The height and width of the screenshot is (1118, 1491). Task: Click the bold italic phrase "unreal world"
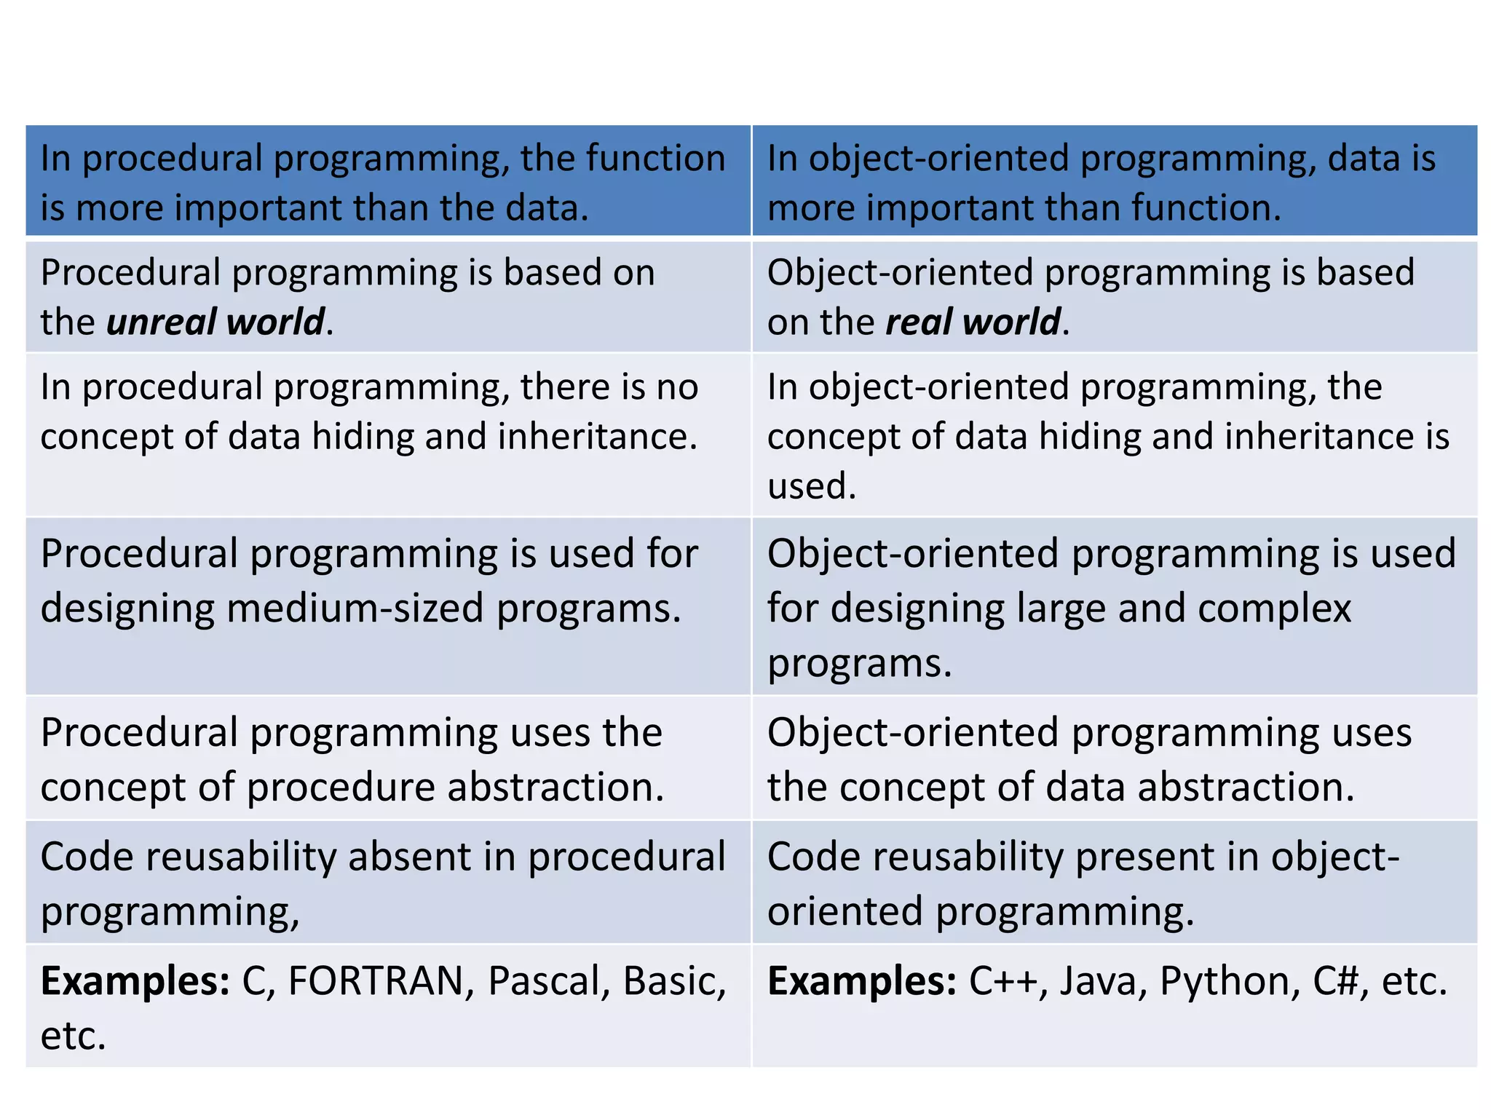point(215,322)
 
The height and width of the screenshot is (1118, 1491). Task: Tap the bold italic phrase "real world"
point(973,322)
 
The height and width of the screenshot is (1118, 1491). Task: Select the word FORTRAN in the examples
point(376,981)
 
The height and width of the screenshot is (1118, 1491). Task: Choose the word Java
point(1098,981)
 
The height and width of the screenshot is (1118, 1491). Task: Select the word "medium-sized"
point(355,608)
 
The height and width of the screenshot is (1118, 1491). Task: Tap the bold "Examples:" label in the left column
point(135,981)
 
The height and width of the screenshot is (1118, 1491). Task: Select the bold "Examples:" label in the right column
point(862,981)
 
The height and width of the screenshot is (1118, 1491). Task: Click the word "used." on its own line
point(812,485)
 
